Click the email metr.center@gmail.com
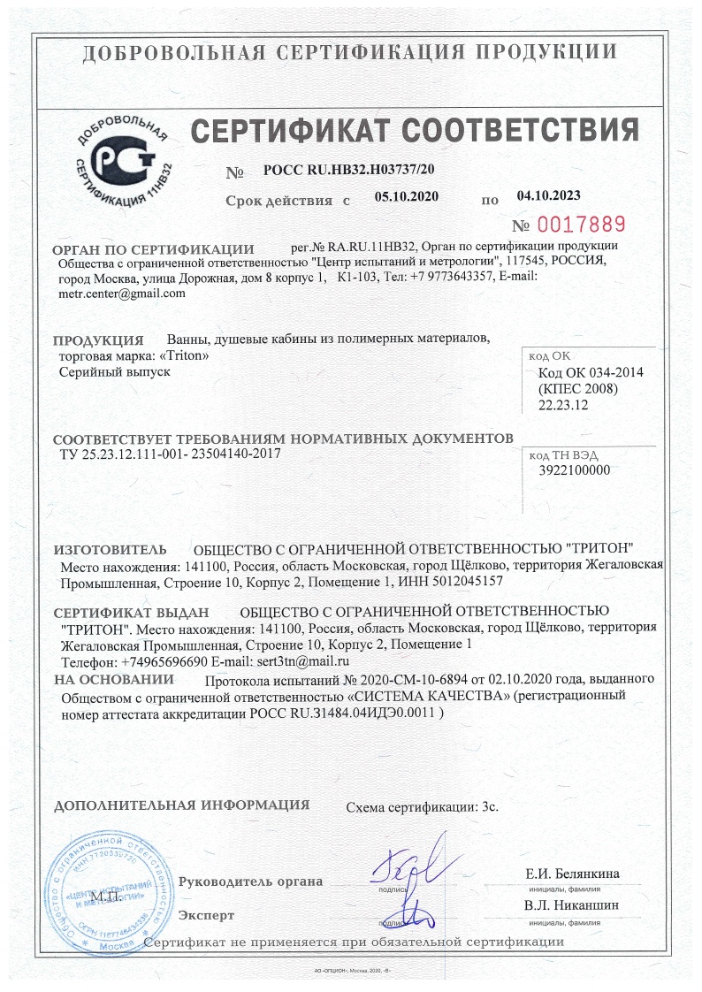point(121,294)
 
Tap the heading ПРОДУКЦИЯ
point(98,340)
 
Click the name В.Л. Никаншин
point(571,905)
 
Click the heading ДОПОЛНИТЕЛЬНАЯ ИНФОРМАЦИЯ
point(182,805)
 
